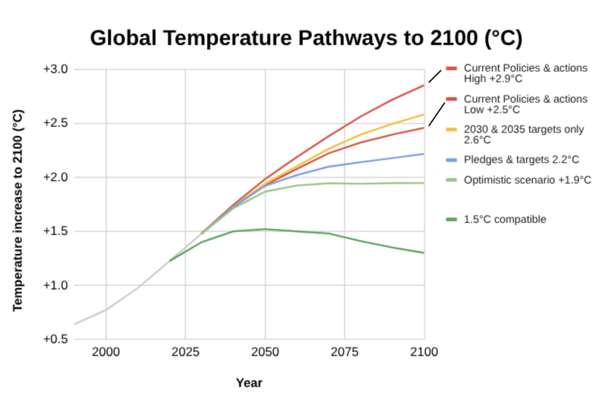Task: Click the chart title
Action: point(306,38)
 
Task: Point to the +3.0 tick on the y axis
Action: point(56,69)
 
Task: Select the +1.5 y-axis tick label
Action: point(56,231)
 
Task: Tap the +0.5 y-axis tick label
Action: point(56,340)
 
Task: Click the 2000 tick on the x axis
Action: point(106,352)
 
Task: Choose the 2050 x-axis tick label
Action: point(265,352)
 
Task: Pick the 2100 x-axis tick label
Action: point(424,352)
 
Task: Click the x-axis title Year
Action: point(249,383)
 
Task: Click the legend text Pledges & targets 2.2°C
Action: point(521,159)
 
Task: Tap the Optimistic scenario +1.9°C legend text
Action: point(527,180)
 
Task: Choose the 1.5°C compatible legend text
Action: point(505,220)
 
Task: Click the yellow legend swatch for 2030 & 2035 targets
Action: point(451,129)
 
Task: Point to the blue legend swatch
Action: point(451,159)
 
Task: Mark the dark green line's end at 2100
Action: point(424,253)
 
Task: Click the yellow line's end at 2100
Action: point(424,114)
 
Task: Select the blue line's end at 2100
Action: point(424,154)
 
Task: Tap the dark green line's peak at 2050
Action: point(265,229)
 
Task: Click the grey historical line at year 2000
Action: point(106,309)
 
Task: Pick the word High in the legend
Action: point(474,79)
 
